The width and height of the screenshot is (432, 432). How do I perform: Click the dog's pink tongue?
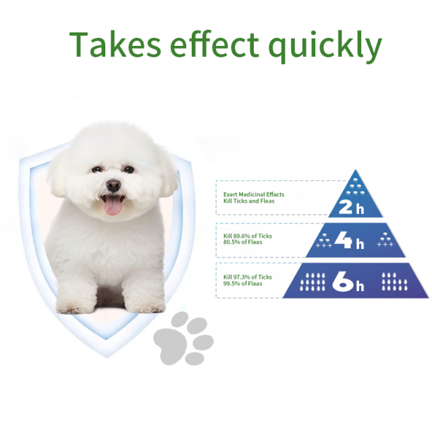pos(113,205)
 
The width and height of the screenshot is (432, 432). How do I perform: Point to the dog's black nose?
pos(113,184)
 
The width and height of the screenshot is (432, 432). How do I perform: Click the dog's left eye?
pos(99,169)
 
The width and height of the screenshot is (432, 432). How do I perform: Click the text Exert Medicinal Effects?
pos(254,194)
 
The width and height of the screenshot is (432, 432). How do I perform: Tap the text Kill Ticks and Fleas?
pos(250,201)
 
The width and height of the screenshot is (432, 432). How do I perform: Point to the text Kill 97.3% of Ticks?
pos(248,277)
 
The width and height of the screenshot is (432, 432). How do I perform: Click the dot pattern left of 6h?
pos(313,282)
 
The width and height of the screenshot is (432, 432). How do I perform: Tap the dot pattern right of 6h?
pos(394,282)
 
